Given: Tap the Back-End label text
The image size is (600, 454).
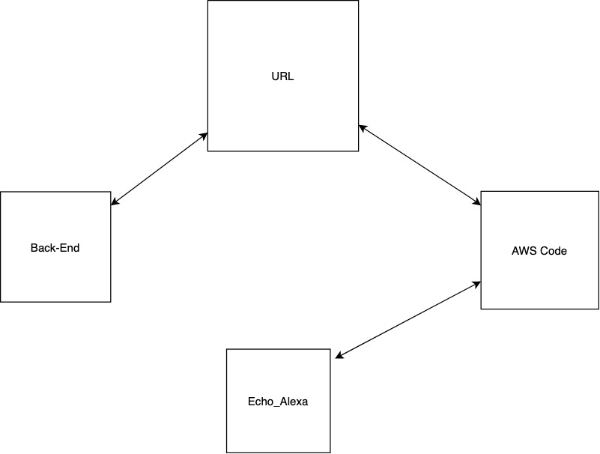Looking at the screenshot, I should pos(55,248).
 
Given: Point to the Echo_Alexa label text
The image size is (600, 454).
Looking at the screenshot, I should pos(278,402).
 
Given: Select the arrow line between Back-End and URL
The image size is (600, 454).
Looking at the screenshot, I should pos(160,169).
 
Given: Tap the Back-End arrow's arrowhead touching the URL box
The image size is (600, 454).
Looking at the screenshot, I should pos(204,136).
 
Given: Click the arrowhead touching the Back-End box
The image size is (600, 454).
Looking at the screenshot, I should pos(115,202).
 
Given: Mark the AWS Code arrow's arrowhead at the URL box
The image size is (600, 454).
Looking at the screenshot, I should pos(362,127).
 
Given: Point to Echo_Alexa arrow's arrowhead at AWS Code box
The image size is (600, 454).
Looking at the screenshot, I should pos(476,284).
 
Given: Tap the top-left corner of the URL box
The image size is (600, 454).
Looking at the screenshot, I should pos(207,1).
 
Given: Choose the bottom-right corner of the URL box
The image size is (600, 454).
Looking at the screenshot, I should pos(359,151).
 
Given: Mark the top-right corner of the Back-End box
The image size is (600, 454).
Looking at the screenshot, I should pos(111,192).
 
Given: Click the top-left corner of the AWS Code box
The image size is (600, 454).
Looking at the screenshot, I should pos(481,191).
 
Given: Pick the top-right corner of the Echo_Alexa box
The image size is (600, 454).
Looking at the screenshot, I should pos(330,349).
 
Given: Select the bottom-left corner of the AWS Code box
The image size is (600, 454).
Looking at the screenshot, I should pos(481,309).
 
